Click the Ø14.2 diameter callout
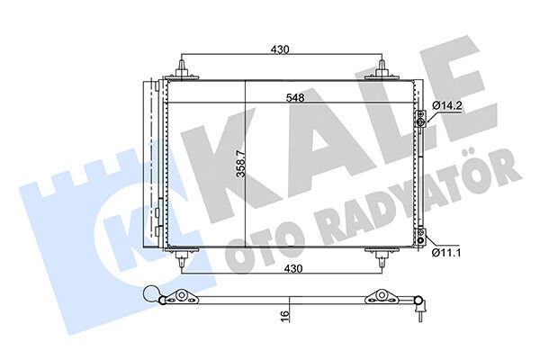point(446,106)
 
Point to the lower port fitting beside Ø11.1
point(420,236)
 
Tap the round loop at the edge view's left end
point(154,293)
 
